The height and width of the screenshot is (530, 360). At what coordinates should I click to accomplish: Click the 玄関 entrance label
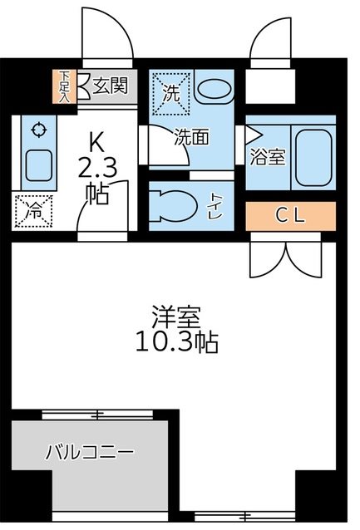click(110, 86)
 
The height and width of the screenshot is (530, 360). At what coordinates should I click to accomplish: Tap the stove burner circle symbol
click(37, 130)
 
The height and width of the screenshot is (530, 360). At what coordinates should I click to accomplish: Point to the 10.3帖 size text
click(176, 342)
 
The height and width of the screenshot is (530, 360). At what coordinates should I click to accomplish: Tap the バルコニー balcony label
click(90, 454)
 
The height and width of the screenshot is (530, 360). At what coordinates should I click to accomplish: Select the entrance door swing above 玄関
click(107, 37)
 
